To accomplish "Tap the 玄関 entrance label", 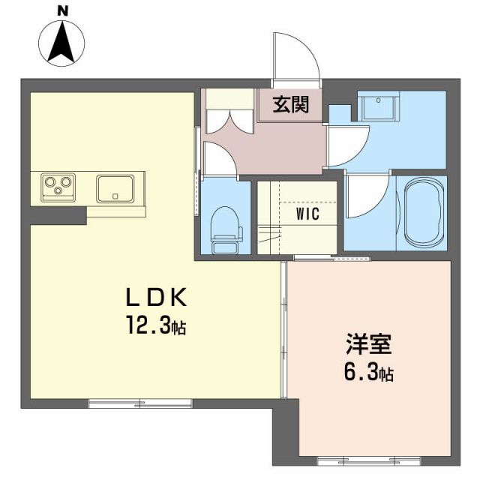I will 290,105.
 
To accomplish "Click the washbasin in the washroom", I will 379,109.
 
